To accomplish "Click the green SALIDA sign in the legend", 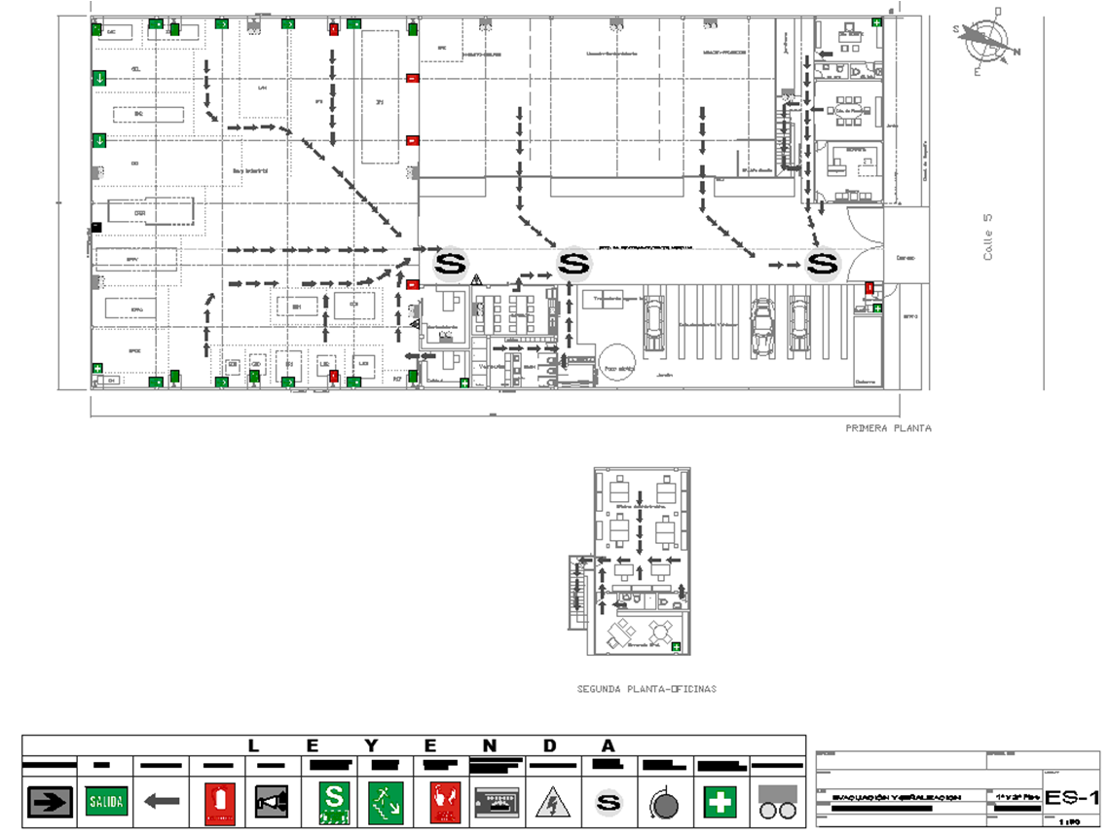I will tap(106, 801).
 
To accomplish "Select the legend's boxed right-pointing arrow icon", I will tap(50, 801).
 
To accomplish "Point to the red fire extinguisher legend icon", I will tap(218, 801).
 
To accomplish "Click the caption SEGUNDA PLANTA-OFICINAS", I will tap(647, 689).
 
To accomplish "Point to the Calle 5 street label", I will tap(987, 237).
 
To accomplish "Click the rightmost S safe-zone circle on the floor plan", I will tap(824, 263).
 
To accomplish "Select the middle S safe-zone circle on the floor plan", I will tap(573, 263).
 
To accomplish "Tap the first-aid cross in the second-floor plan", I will tap(676, 645).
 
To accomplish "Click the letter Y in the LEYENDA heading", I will tap(371, 746).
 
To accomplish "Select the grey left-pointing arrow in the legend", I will tap(162, 801).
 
